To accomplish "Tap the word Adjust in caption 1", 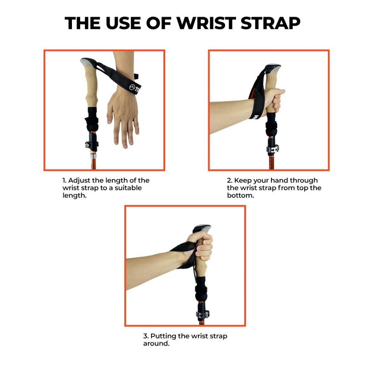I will click(x=79, y=180).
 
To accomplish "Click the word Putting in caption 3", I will click(x=163, y=336).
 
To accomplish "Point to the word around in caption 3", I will click(x=156, y=344).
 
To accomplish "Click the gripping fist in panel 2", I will click(x=276, y=100).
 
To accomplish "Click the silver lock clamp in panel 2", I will click(x=273, y=149).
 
